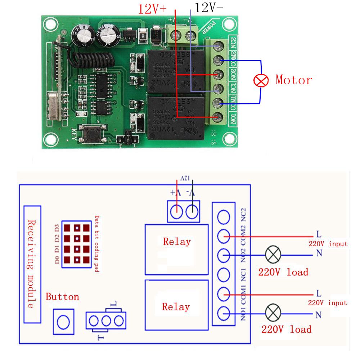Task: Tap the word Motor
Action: (x=294, y=80)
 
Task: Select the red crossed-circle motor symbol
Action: (x=261, y=80)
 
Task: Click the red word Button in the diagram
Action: (x=62, y=297)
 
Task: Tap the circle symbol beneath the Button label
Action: (x=63, y=321)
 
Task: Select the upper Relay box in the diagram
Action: (x=176, y=249)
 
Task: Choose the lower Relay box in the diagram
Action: (x=176, y=305)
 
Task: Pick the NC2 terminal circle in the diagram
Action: (x=224, y=217)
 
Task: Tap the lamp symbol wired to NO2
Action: (x=273, y=255)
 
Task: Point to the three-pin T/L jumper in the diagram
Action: (x=106, y=320)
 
